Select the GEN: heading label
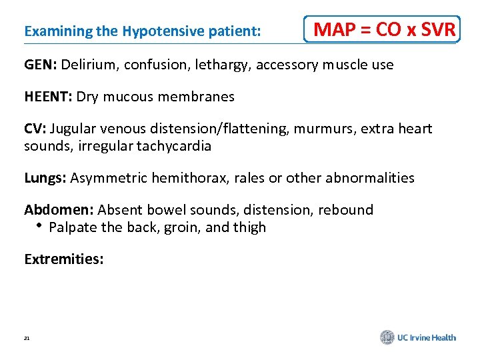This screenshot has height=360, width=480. click(41, 65)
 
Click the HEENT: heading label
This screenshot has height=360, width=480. click(48, 97)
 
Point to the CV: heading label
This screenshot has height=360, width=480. click(35, 129)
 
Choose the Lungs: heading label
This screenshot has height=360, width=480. click(45, 178)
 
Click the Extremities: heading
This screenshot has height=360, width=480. click(64, 259)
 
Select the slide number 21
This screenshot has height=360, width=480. click(27, 339)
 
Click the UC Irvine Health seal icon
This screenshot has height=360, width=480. click(387, 337)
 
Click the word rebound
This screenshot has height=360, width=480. click(345, 210)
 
